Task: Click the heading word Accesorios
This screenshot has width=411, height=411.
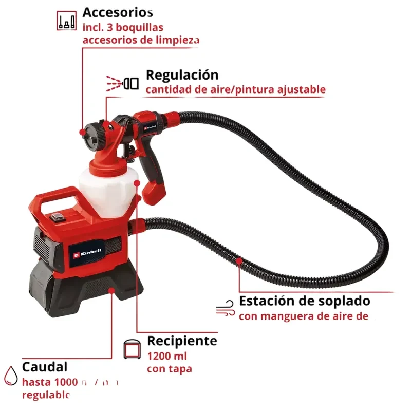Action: [118, 12]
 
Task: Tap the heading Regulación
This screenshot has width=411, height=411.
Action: [182, 75]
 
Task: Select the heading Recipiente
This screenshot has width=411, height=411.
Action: [182, 341]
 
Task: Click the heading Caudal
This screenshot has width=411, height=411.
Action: [45, 367]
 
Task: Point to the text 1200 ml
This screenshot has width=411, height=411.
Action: [167, 356]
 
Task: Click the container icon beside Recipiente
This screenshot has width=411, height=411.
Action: [133, 349]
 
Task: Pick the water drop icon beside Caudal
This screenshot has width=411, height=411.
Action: [10, 376]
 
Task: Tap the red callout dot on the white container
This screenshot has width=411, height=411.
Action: [137, 182]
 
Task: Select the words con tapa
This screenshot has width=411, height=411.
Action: [169, 369]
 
